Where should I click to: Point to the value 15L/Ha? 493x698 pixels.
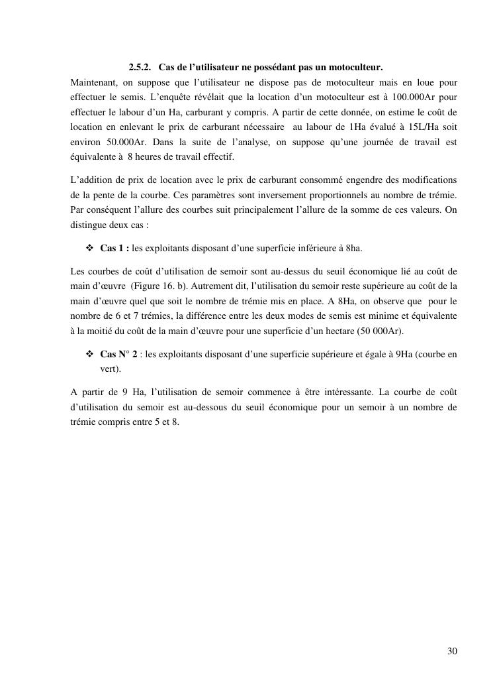[x=414, y=126]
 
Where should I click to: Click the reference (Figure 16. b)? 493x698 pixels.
[x=161, y=286]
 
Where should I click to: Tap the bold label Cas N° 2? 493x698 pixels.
[x=119, y=355]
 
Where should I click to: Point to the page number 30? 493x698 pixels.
[x=452, y=651]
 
